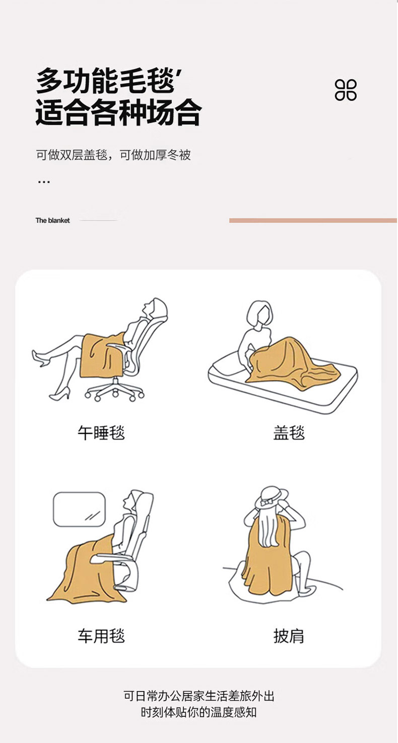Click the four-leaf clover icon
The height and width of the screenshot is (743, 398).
[346, 90]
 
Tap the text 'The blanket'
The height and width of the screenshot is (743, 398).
[52, 220]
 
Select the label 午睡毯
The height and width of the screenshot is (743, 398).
[101, 433]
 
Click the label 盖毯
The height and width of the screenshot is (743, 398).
[289, 433]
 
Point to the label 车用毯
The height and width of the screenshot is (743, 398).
[101, 636]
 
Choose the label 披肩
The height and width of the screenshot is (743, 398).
[289, 636]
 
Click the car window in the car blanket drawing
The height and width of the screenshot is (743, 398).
[79, 509]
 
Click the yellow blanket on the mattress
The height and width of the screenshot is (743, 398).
[292, 364]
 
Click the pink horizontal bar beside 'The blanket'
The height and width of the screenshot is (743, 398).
[313, 220]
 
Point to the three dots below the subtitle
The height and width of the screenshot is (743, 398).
[44, 182]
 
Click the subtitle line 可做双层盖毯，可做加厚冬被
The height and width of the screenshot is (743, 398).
[113, 155]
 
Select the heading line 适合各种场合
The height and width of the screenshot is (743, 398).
[118, 113]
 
